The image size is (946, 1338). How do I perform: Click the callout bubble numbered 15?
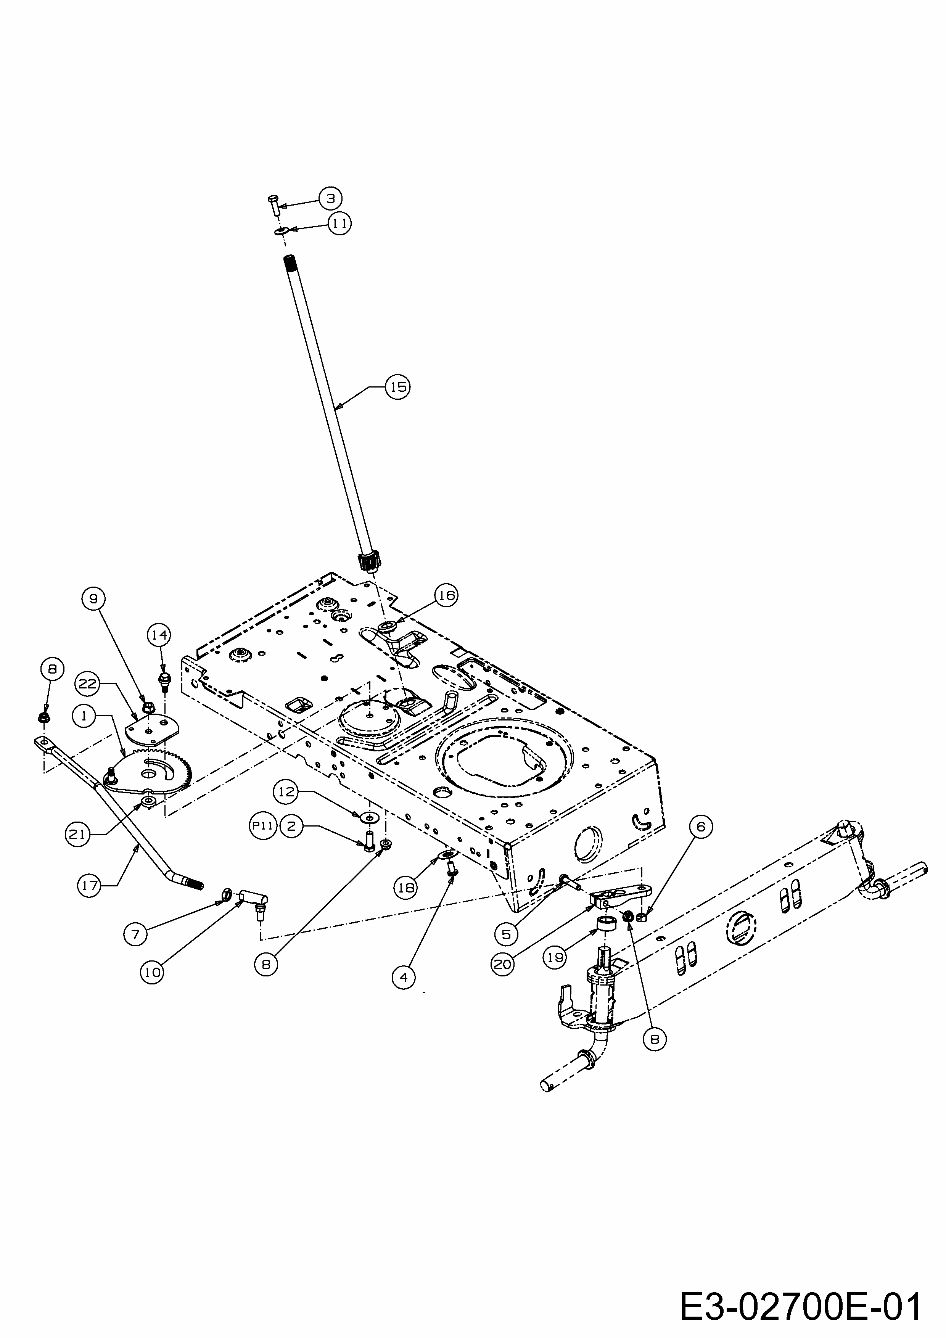[397, 387]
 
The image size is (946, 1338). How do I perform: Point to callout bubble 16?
[446, 595]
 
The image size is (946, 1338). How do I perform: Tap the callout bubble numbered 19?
[556, 957]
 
